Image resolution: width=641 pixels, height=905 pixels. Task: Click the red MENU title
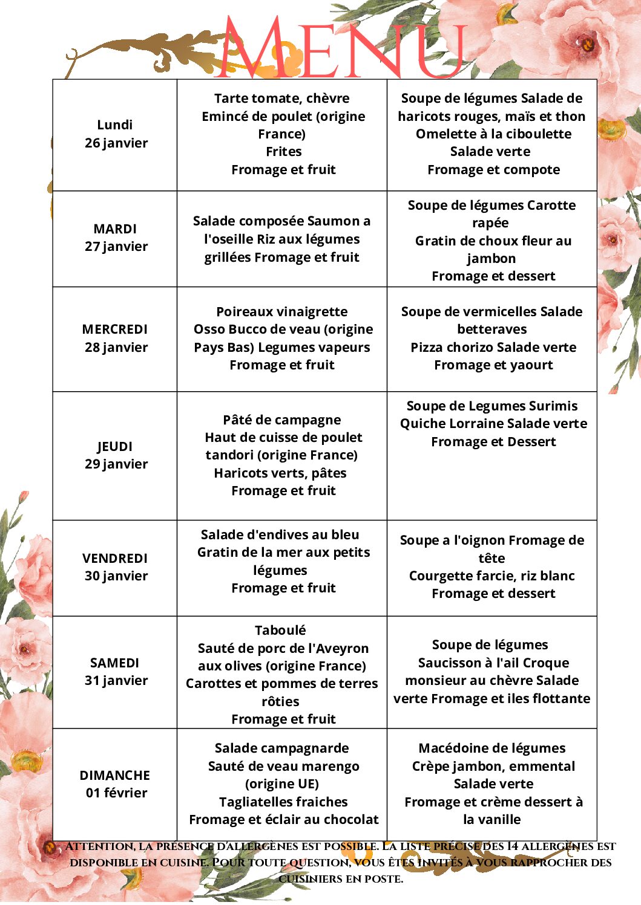point(342,48)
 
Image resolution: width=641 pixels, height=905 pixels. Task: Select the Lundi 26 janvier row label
point(115,134)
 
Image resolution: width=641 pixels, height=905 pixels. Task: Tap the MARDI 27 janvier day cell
point(115,238)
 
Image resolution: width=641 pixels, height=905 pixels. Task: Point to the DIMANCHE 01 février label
point(115,784)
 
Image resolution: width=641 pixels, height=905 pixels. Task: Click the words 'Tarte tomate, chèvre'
point(282,99)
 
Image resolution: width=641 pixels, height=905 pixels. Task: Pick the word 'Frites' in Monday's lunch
point(283,152)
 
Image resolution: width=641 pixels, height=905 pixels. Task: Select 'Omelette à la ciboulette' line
point(493,134)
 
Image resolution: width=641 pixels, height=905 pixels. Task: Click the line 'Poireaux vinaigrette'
point(282,312)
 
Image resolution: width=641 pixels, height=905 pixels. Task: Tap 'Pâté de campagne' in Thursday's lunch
point(282,420)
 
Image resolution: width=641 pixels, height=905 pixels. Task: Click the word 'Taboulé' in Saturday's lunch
point(280,631)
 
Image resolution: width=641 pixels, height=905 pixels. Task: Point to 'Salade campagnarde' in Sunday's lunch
point(282,748)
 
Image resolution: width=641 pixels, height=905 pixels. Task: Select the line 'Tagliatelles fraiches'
point(283,802)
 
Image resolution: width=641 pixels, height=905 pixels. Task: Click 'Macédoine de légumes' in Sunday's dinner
point(492,748)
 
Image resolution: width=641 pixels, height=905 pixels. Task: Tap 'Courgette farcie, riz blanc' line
point(492,576)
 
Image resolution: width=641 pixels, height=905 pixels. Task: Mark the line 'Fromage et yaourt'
point(493,365)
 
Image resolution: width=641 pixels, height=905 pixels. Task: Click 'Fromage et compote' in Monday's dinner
point(493,170)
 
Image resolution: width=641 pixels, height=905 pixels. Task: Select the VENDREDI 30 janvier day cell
point(115,567)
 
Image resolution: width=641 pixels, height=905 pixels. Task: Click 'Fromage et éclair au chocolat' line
point(283,820)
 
